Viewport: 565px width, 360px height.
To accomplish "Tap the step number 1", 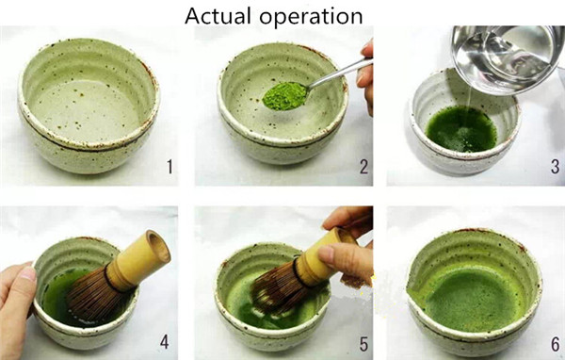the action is tap(169, 167).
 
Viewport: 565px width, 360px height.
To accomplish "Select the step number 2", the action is tap(363, 167).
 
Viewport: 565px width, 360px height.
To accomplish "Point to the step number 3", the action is tap(556, 167).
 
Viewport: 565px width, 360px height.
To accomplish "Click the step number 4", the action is tap(164, 342).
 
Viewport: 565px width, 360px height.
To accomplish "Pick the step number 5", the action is tap(363, 344).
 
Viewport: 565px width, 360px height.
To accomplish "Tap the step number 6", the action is tap(556, 344).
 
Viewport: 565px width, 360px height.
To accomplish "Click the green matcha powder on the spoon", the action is tap(284, 96).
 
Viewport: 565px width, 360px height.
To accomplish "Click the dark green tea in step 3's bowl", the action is tap(462, 129).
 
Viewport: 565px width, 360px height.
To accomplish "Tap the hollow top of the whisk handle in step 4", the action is tap(159, 246).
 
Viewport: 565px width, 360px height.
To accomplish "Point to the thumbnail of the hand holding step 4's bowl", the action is tap(27, 273).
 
